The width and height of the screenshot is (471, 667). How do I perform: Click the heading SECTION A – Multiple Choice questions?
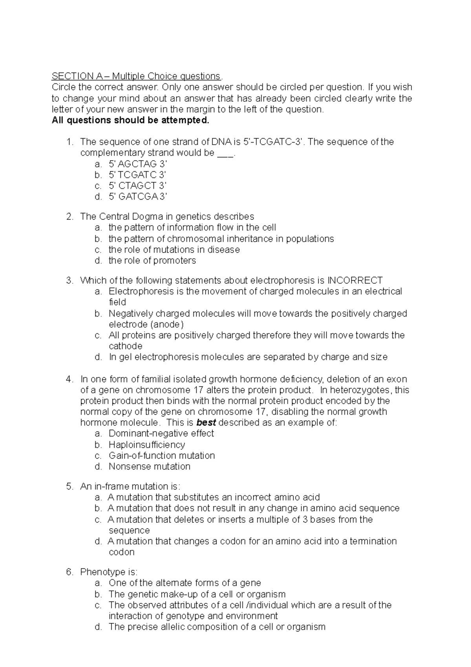tap(137, 76)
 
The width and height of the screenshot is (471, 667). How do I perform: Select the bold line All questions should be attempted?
tap(131, 120)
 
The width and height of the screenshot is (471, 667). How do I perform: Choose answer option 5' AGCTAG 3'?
tap(138, 164)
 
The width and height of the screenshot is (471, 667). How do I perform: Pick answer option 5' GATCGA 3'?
tap(138, 196)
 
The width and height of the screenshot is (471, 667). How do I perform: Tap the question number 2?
tap(69, 216)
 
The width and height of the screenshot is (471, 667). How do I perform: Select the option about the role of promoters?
tap(152, 260)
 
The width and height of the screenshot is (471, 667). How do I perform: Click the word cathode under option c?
tap(125, 346)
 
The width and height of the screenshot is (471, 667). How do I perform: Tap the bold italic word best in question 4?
tap(206, 423)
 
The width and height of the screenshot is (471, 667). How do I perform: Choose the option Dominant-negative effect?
tap(161, 434)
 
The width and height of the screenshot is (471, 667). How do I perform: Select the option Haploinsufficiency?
tap(146, 445)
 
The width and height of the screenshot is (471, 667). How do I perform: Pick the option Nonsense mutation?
tap(149, 467)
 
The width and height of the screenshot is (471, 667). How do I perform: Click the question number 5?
tap(69, 486)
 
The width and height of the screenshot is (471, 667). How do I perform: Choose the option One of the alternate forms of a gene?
tap(184, 583)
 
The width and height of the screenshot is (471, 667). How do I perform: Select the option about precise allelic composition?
tap(217, 627)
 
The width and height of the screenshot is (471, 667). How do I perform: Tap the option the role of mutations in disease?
tap(174, 249)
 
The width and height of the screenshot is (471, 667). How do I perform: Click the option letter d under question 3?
tap(98, 357)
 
